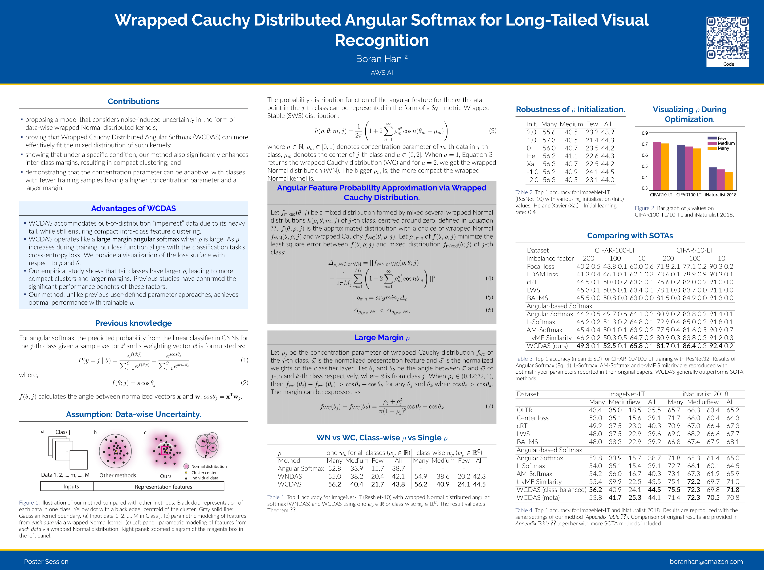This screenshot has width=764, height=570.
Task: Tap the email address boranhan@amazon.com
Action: pyautogui.click(x=706, y=561)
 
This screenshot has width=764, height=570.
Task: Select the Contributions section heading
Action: pyautogui.click(x=133, y=101)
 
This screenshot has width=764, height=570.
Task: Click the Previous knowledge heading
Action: pyautogui.click(x=133, y=323)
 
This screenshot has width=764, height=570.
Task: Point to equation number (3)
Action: pyautogui.click(x=493, y=131)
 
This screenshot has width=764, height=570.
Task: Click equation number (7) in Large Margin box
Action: pyautogui.click(x=489, y=406)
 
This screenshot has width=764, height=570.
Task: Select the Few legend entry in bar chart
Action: pyautogui.click(x=722, y=138)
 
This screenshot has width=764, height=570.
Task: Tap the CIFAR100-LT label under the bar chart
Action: pyautogui.click(x=688, y=195)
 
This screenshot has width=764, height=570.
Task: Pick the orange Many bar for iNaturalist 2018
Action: pyautogui.click(x=728, y=181)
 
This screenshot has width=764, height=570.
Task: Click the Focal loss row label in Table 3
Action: pyautogui.click(x=540, y=266)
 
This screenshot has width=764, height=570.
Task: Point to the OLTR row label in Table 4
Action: pyautogui.click(x=524, y=410)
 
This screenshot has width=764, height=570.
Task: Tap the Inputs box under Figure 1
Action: pyautogui.click(x=71, y=486)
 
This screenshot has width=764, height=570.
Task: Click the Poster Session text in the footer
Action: pyautogui.click(x=46, y=561)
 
